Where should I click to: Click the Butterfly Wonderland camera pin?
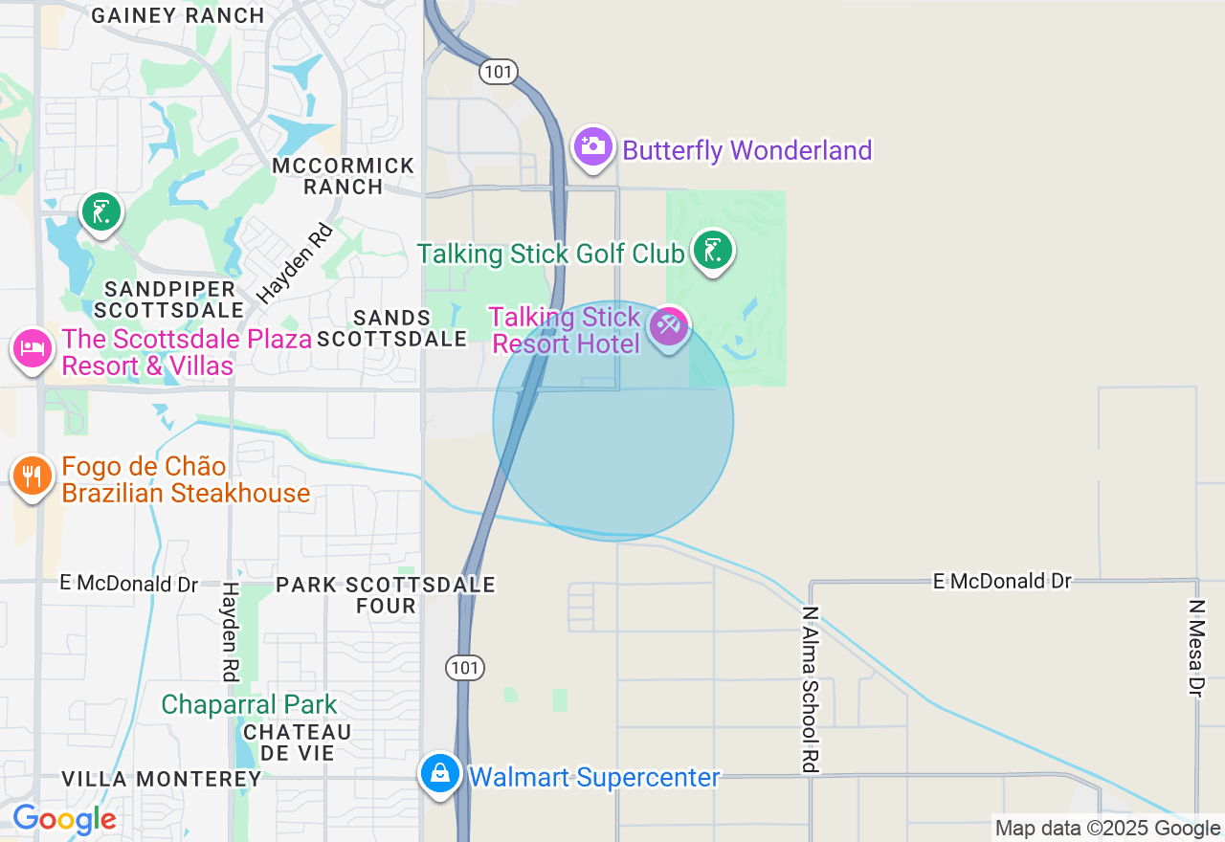click(593, 146)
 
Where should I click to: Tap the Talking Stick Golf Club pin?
click(712, 251)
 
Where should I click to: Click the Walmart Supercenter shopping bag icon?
click(440, 773)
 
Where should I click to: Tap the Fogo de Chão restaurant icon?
click(32, 476)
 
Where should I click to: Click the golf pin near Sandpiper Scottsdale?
click(100, 212)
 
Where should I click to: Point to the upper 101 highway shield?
click(499, 72)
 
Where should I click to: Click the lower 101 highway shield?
click(465, 668)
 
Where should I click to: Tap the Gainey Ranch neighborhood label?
click(179, 15)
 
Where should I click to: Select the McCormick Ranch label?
click(344, 176)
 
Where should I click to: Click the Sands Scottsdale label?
click(392, 328)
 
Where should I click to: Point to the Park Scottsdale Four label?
click(386, 595)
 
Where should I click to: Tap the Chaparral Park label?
click(249, 705)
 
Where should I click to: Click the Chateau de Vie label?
click(298, 742)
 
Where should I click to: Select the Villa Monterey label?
click(162, 779)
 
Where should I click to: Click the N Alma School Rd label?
click(811, 688)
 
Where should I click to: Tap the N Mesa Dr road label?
click(1195, 648)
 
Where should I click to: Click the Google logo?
click(64, 820)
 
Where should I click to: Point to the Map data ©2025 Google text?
click(1107, 829)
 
